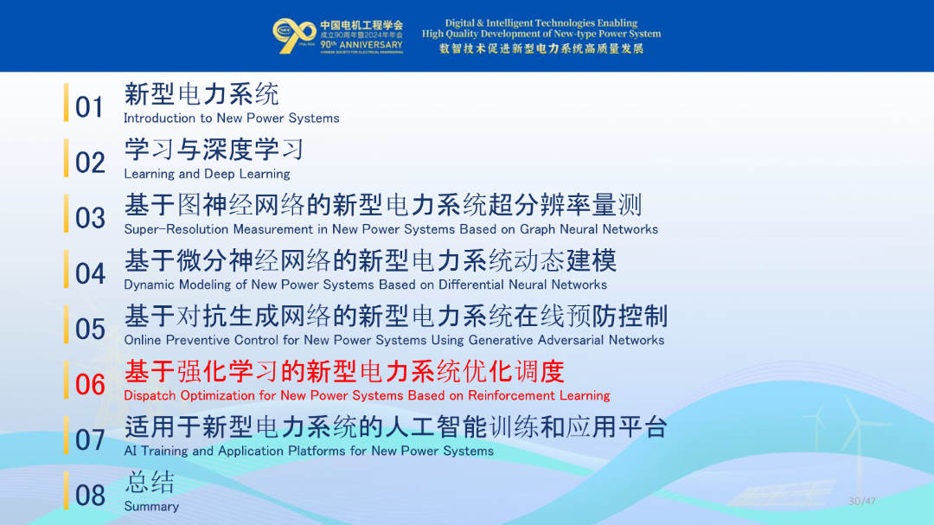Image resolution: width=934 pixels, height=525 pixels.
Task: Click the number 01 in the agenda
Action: (x=89, y=107)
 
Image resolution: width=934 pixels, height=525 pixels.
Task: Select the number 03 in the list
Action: (x=90, y=218)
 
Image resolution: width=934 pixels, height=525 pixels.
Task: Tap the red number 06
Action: (x=90, y=384)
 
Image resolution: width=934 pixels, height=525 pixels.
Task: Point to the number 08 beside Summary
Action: (x=90, y=496)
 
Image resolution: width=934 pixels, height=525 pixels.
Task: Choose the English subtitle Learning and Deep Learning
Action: (x=207, y=174)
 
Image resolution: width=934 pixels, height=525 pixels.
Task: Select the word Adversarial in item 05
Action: (x=570, y=340)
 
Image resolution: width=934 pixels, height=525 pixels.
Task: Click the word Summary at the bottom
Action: (x=151, y=507)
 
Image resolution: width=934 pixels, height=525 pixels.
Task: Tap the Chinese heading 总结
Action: (x=150, y=482)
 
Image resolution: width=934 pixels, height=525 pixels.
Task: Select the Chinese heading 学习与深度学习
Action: (x=214, y=150)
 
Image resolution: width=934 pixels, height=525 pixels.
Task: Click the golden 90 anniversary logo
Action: (x=294, y=35)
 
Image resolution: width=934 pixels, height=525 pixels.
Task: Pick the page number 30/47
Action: (x=862, y=501)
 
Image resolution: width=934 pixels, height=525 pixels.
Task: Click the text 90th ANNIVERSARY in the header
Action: (x=361, y=45)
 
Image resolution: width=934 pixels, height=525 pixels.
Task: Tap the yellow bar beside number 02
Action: (x=66, y=158)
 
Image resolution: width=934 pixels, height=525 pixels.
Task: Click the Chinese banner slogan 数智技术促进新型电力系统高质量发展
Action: (x=541, y=48)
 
